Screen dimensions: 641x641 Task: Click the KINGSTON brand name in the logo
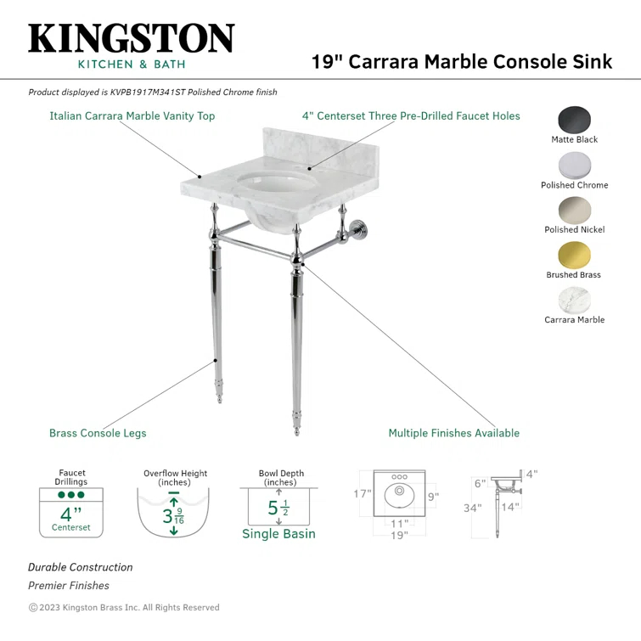pos(131,39)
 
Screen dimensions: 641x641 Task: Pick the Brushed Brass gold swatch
pos(575,255)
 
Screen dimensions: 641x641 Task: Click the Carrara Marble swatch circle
pos(575,300)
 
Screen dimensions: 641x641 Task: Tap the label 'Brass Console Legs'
pos(98,433)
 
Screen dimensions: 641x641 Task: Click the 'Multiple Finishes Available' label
pos(453,433)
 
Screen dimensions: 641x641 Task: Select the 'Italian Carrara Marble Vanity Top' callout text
pos(132,115)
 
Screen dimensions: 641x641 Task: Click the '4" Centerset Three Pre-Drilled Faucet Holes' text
pos(411,115)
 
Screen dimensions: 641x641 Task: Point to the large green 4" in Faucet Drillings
pos(70,514)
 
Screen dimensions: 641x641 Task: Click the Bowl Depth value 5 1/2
pos(278,509)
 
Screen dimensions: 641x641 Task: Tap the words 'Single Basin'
pos(278,534)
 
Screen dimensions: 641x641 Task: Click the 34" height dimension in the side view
pos(472,509)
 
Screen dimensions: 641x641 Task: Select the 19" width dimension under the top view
pos(399,535)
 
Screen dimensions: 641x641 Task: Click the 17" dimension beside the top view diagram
pos(363,494)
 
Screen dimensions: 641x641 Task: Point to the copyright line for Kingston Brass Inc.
pos(124,607)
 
